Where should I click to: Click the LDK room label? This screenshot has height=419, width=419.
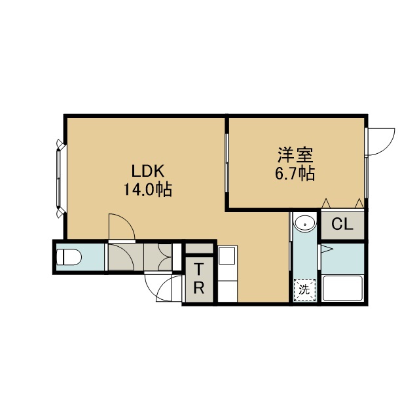148,171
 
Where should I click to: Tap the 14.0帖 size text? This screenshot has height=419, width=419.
147,190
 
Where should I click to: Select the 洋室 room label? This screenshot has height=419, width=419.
295,155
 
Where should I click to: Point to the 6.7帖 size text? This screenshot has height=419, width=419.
295,173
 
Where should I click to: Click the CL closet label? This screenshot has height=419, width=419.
342,225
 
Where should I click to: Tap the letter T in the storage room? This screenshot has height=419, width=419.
198,269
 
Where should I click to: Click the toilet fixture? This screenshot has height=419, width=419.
69,257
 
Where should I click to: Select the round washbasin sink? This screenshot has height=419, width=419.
304,223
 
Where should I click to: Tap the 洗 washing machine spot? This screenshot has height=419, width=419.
304,290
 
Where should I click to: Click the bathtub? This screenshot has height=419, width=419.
342,288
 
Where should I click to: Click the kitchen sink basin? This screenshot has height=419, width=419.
227,256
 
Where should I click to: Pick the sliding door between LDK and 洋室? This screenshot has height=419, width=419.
227,163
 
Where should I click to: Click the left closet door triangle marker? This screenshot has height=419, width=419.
326,204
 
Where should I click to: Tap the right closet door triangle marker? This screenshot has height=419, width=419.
359,204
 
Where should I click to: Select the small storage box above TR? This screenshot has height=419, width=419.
199,249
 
